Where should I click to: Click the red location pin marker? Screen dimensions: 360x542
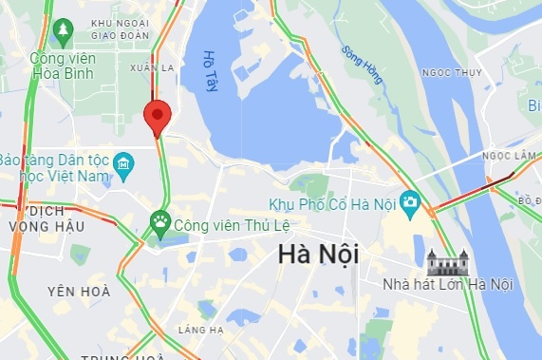pyautogui.click(x=157, y=117)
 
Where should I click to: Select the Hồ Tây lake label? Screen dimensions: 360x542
pyautogui.click(x=211, y=71)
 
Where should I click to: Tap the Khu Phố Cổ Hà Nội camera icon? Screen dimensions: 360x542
pyautogui.click(x=410, y=201)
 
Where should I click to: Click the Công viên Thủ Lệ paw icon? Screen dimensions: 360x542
pyautogui.click(x=159, y=224)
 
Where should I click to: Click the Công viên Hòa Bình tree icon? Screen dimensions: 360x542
pyautogui.click(x=64, y=33)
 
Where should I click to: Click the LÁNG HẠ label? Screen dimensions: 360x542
pyautogui.click(x=200, y=330)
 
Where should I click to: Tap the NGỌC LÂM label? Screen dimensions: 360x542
pyautogui.click(x=509, y=155)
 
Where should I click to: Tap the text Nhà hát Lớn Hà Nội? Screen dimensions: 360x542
pyautogui.click(x=447, y=284)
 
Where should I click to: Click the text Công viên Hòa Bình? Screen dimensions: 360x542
pyautogui.click(x=65, y=65)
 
